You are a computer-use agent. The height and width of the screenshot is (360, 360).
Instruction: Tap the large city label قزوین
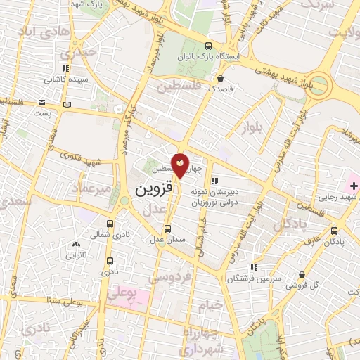[151, 190]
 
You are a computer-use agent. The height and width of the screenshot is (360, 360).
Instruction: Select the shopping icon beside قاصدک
[221, 79]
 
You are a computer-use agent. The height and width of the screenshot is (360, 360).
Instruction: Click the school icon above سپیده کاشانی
[65, 69]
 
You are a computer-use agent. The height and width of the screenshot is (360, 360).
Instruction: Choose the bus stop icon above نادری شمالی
[110, 223]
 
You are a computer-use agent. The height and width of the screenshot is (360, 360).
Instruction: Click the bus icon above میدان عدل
[167, 229]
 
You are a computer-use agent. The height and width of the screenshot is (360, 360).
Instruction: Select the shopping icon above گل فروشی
[302, 274]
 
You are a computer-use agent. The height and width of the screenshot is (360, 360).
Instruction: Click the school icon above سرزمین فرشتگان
[254, 267]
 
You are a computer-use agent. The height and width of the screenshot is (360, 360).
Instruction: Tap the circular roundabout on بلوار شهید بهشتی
[321, 84]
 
